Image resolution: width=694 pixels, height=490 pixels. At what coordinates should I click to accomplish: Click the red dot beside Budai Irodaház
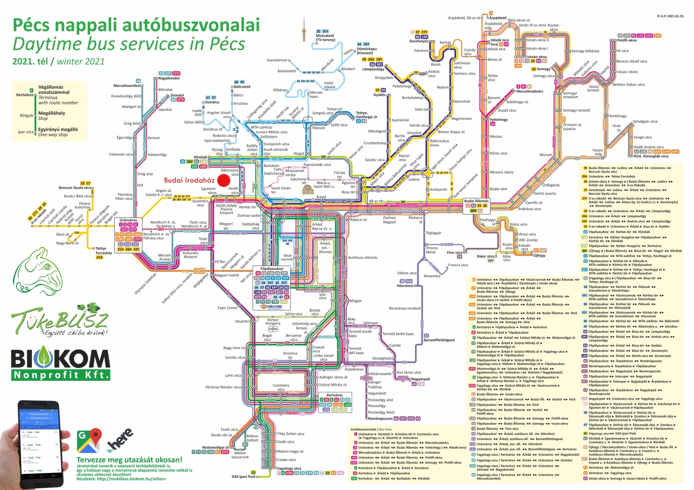[223, 180]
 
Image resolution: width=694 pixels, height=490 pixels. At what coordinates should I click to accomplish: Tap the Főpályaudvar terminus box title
[272, 268]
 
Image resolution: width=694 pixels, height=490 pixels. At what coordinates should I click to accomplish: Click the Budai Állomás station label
[476, 201]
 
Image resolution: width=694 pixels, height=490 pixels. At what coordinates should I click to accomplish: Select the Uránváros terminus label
[128, 220]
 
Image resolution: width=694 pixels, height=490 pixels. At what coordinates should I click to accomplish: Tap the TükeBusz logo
[59, 320]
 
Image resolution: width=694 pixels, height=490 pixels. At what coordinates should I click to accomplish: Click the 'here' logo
[120, 439]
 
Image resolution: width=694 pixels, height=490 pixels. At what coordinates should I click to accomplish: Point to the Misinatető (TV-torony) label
[325, 38]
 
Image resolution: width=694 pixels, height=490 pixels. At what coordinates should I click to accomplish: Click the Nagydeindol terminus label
[169, 78]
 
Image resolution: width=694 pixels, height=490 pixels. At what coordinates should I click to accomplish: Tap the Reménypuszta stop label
[380, 419]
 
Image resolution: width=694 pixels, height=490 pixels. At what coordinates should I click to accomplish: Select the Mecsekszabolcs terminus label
[529, 91]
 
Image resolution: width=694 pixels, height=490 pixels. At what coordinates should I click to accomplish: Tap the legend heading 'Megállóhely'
[52, 113]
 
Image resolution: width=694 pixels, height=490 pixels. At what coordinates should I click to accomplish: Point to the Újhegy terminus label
[539, 255]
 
